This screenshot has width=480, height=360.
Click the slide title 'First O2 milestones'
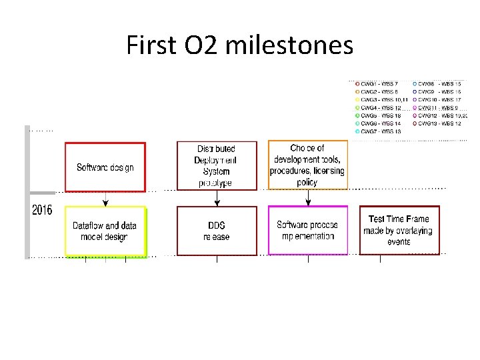pos(239,45)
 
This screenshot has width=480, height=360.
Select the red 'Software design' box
pos(105,167)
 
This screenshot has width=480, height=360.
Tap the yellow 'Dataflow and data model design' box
pos(105,231)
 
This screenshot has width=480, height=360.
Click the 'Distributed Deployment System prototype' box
pos(216,165)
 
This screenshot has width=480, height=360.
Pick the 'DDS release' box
pos(216,231)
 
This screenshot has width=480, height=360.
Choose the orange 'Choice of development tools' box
pos(307,165)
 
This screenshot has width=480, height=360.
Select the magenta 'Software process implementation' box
pos(307,231)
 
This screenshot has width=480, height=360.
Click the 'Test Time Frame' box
pos(399,230)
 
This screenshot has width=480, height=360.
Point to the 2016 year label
pos(42,210)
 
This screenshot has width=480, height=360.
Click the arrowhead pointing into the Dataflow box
pos(105,203)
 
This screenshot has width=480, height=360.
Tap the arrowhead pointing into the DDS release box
pos(216,203)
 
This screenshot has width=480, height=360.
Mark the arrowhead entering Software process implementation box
pos(307,203)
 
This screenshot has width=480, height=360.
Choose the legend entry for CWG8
pos(437,83)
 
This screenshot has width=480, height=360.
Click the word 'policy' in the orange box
pos(307,182)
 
